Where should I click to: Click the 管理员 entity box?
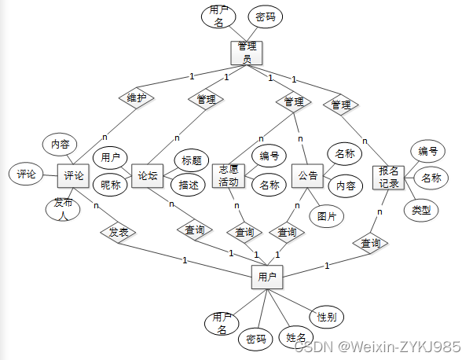pyautogui.click(x=246, y=52)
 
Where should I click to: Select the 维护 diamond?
pyautogui.click(x=137, y=98)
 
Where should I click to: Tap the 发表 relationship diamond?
pyautogui.click(x=118, y=232)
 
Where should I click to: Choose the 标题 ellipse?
pyautogui.click(x=192, y=160)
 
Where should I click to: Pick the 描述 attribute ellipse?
pyautogui.click(x=189, y=186)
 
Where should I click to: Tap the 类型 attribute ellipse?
pyautogui.click(x=421, y=210)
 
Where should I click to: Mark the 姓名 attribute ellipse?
pyautogui.click(x=296, y=337)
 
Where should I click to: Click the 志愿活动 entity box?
pyautogui.click(x=229, y=177)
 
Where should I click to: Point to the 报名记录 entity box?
pyautogui.click(x=389, y=178)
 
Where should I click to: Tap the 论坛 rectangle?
pyautogui.click(x=147, y=175)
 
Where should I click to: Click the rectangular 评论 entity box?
pyautogui.click(x=74, y=175)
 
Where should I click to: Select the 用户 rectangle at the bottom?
pyautogui.click(x=266, y=277)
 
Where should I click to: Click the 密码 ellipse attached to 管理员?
pyautogui.click(x=265, y=16)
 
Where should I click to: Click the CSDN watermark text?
pyautogui.click(x=376, y=347)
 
